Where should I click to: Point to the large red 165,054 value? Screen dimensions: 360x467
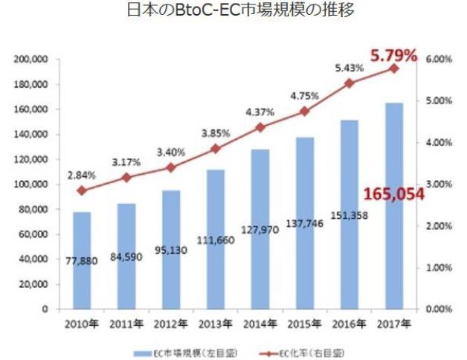point(393,194)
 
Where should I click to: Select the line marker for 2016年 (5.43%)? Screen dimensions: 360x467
point(350,83)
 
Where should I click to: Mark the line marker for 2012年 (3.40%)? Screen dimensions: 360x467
point(171,168)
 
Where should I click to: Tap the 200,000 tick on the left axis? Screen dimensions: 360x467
point(30,59)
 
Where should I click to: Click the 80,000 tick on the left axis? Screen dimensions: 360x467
point(33,209)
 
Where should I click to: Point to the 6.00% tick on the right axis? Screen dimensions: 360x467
point(440,59)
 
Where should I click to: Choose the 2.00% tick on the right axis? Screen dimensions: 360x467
point(440,225)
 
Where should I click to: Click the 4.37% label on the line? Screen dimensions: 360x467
point(260,112)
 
